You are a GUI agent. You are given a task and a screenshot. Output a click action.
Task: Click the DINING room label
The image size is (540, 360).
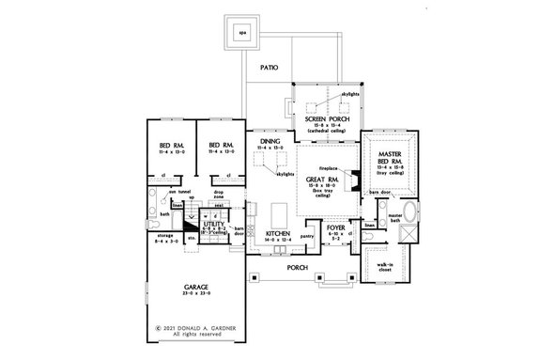(x=269, y=141)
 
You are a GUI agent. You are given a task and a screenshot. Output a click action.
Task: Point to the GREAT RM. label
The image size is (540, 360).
(x=320, y=178)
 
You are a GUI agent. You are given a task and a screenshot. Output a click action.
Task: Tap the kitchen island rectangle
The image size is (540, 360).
(x=279, y=208)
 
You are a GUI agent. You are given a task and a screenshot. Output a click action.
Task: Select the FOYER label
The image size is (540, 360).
(x=336, y=227)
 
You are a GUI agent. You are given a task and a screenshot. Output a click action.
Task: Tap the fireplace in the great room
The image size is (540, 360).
(x=348, y=180)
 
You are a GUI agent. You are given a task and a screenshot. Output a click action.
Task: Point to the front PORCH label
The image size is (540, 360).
(x=300, y=266)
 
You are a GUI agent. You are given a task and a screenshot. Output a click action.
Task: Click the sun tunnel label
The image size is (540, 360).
(x=176, y=191)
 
